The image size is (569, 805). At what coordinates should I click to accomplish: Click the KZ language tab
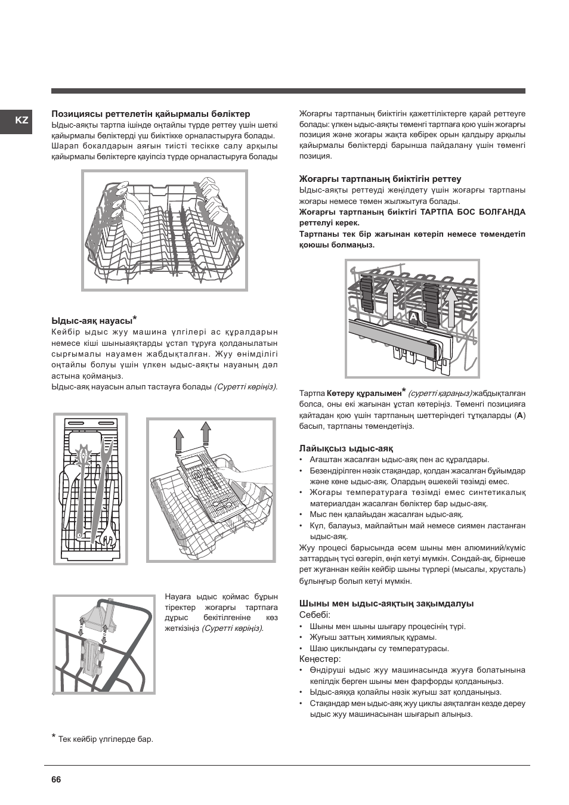point(22,120)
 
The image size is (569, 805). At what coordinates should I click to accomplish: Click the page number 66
point(57,779)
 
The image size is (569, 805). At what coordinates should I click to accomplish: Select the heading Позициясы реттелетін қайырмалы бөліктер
point(151,114)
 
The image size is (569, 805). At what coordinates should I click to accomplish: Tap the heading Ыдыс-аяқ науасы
point(92,321)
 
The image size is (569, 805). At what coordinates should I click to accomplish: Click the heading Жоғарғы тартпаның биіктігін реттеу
point(380,179)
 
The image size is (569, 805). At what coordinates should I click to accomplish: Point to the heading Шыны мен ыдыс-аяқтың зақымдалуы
point(386,603)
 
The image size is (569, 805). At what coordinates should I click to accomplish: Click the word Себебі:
point(315,615)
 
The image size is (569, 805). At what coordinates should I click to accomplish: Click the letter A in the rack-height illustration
point(413,317)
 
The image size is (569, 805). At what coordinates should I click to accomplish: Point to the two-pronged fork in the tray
point(108,471)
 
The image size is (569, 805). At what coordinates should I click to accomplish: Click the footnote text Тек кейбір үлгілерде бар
point(106,739)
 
